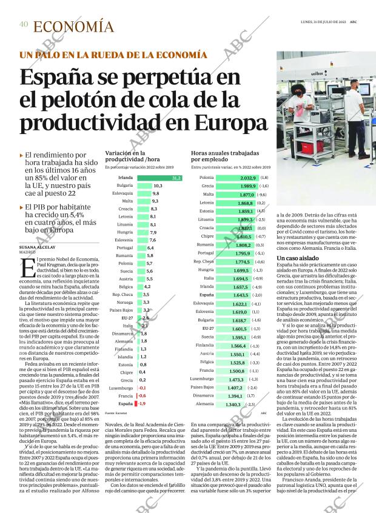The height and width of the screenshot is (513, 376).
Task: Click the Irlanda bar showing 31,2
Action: [159, 178]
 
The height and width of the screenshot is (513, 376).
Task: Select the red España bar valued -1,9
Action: [136, 403]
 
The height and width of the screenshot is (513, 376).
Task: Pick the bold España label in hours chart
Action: [206, 294]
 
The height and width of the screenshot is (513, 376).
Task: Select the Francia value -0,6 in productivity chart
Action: [143, 395]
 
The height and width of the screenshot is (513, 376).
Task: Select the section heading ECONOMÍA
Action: [73, 27]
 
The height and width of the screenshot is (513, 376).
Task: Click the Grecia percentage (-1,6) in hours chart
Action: [264, 186]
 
